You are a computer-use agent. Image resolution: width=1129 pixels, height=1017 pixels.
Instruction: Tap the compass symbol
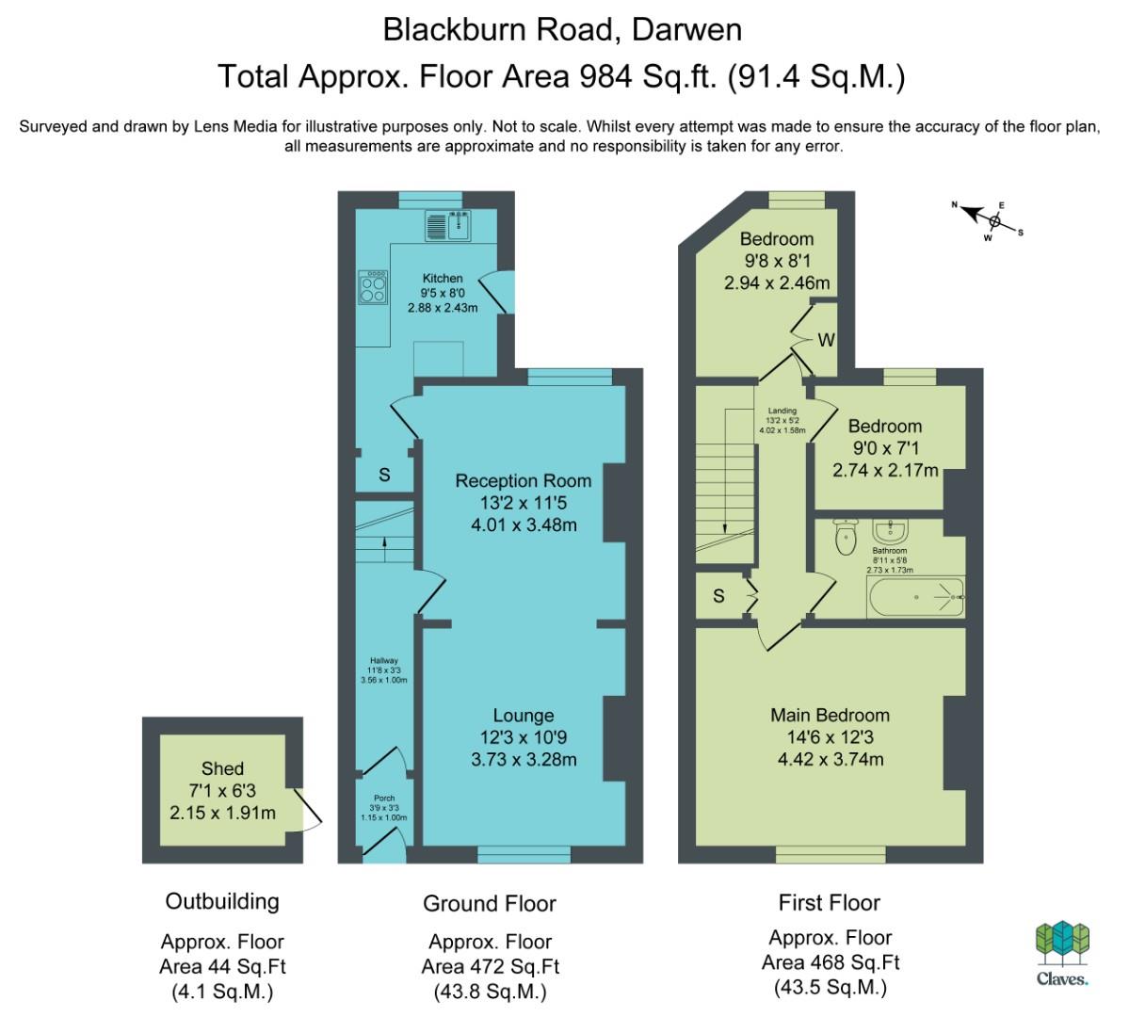point(989,220)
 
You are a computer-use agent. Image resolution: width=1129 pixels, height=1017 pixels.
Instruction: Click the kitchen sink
point(448,225)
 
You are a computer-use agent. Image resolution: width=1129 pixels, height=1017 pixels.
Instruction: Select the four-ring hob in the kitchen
point(373,287)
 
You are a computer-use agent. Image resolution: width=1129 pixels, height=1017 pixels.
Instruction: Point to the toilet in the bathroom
point(846,537)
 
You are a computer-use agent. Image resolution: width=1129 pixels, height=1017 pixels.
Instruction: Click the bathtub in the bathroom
point(916,597)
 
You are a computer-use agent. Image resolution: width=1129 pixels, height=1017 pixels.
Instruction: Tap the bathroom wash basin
point(891,531)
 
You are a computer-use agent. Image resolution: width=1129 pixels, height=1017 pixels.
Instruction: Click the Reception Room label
point(524,480)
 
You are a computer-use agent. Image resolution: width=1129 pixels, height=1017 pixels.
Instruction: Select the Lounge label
point(524,716)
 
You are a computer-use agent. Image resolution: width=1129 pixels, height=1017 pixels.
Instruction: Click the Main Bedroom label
point(831,716)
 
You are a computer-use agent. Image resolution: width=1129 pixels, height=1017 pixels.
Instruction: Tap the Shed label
point(222,768)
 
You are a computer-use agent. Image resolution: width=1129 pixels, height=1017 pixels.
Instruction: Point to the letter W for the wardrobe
point(826,340)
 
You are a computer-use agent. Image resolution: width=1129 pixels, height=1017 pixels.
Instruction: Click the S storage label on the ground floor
point(384,476)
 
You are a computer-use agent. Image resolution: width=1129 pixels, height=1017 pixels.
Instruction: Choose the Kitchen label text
point(443,278)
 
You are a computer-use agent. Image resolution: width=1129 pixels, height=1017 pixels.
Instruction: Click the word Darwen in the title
point(686,30)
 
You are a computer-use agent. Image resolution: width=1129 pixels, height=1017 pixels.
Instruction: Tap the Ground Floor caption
point(490,903)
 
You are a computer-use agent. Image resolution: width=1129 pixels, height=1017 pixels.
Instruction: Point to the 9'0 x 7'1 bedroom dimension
point(886,448)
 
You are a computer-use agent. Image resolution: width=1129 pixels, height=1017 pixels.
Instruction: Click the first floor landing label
point(782,411)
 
